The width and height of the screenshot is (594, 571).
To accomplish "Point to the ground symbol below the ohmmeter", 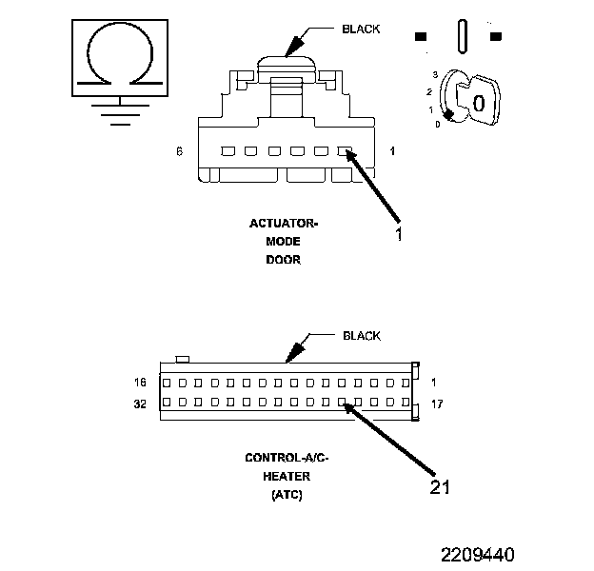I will point(117,114).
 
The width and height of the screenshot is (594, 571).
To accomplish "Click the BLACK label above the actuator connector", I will point(361,29).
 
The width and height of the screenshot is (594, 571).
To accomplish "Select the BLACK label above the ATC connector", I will point(361,336).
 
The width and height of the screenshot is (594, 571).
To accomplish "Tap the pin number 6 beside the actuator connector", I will point(179,151).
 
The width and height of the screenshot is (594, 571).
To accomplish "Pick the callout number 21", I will point(439,486).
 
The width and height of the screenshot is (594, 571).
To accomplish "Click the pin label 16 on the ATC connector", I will point(141,383).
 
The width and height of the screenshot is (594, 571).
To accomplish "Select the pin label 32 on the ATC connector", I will point(141,404).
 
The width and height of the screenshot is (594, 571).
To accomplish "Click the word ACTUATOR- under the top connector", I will point(283,225).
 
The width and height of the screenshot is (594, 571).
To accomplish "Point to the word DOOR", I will point(283,260).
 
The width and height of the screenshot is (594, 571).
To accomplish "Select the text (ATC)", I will point(287,494).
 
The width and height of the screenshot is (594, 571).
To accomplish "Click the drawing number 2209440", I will point(477,553).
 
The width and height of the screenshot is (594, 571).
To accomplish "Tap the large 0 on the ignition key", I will point(480,103).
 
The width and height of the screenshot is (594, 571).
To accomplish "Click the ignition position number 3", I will point(434,74).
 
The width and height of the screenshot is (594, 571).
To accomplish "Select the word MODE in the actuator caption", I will point(283,242).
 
